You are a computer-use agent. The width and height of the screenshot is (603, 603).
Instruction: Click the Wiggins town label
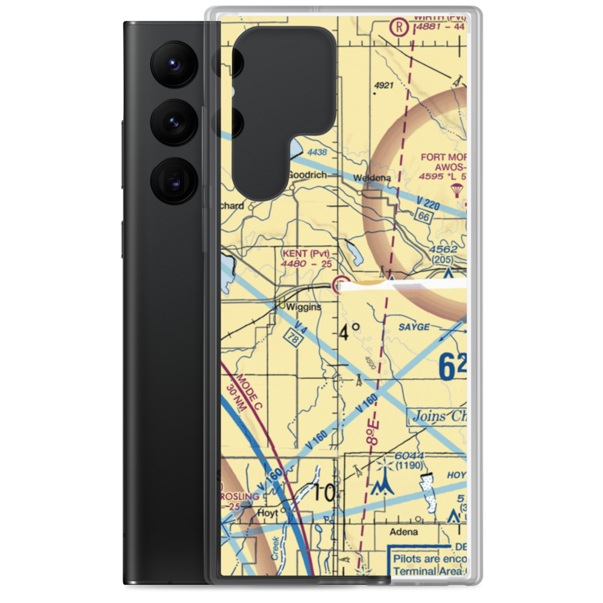pos(304,307)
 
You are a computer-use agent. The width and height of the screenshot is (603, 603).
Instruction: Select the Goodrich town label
pos(307,175)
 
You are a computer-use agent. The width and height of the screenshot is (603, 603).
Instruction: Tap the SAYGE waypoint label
pos(414,327)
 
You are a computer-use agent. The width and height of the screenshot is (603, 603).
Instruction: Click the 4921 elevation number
pos(384,86)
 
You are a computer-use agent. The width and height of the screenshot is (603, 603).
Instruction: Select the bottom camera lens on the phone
pos(171,180)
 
